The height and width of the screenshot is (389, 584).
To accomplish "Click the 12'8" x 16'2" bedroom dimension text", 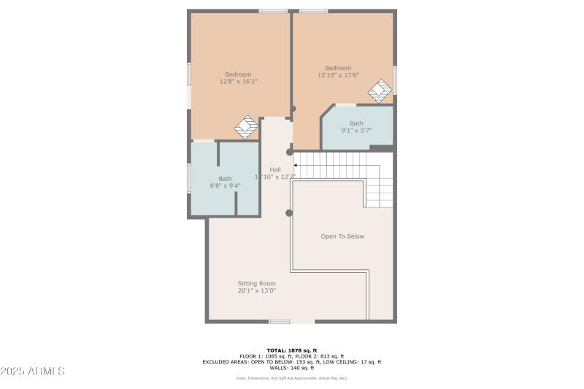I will [238, 82].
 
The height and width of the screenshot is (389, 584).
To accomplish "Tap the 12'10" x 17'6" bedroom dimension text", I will [338, 75].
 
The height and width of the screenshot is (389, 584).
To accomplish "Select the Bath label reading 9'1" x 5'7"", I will [356, 131].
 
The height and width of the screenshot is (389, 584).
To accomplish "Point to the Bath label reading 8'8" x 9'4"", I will [225, 185].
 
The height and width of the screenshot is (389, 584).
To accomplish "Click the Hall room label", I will [274, 170].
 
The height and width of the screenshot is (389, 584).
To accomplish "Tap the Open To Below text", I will [342, 236].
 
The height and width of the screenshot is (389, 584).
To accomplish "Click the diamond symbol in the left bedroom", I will [246, 127].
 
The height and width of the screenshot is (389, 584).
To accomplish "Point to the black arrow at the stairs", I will [295, 166].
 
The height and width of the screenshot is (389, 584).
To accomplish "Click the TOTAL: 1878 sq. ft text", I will [291, 350].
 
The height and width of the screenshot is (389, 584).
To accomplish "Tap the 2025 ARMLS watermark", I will [33, 371].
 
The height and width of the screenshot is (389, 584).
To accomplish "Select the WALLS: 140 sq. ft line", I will [291, 368].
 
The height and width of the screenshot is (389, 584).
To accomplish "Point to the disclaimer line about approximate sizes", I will [291, 378].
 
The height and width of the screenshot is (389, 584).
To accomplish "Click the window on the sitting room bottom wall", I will [280, 321].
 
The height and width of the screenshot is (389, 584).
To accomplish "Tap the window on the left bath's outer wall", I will [189, 179].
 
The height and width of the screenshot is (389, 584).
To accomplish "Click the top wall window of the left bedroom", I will [273, 11].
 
